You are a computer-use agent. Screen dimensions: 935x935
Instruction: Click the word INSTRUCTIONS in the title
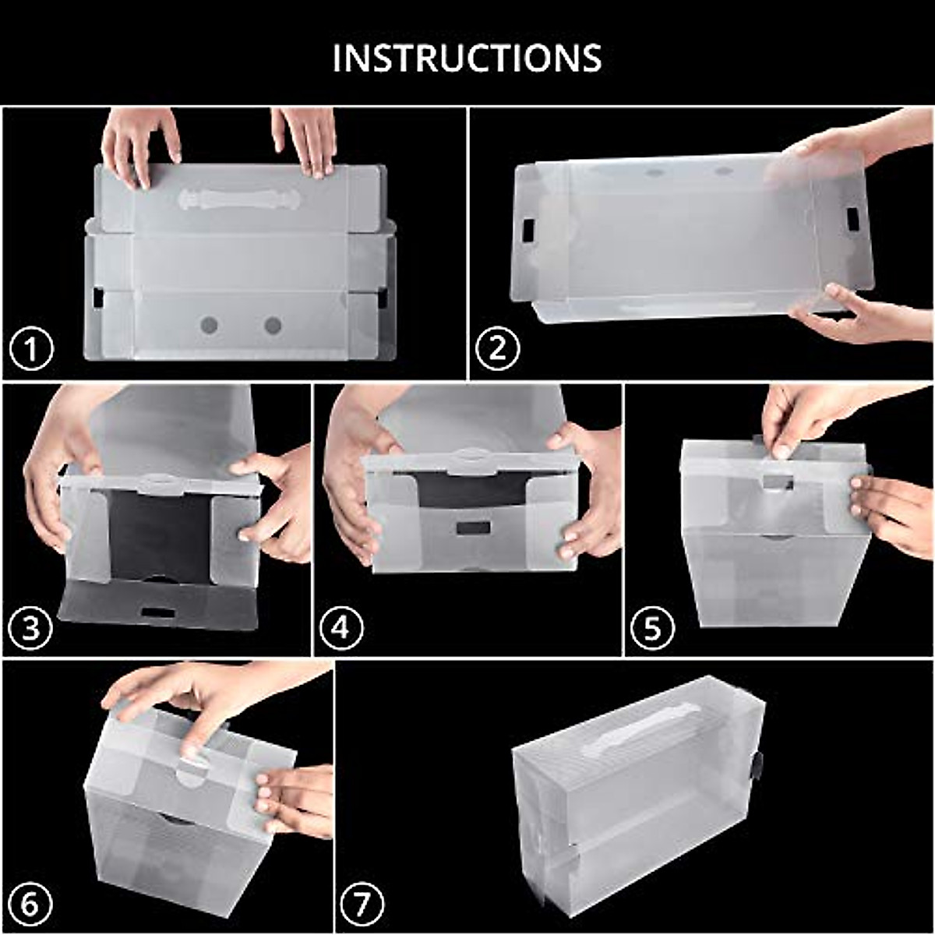coord(467,58)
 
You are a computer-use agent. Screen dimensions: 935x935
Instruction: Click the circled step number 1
coord(32,350)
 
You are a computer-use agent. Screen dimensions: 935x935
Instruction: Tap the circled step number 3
coord(30,627)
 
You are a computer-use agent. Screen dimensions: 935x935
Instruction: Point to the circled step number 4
coord(340,627)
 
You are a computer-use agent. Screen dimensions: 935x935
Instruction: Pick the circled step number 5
coord(651,627)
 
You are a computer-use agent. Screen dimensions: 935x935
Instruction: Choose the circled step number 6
coord(30,905)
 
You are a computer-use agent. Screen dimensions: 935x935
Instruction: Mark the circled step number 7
coord(362,905)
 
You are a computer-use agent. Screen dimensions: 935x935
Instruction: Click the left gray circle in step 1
coord(209,325)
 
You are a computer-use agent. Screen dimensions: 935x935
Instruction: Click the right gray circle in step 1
coord(273,325)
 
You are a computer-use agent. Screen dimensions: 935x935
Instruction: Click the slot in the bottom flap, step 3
coord(158,612)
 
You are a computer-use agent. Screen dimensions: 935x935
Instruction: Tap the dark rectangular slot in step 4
coord(473,527)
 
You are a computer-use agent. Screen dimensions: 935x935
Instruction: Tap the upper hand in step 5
coord(803,417)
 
